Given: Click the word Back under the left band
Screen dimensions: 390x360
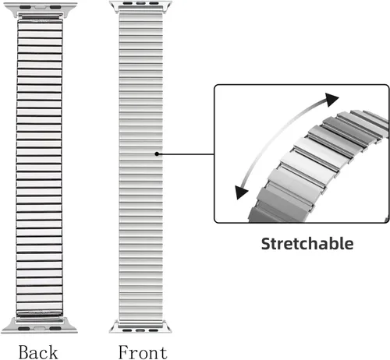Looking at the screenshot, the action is click(x=38, y=352).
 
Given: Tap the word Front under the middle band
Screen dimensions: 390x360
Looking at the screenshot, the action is click(x=143, y=352).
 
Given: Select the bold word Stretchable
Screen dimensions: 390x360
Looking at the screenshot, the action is click(x=307, y=244).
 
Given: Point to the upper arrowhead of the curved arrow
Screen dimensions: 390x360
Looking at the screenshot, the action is click(x=331, y=100).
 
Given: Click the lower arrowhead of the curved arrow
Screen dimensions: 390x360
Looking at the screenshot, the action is click(x=241, y=192).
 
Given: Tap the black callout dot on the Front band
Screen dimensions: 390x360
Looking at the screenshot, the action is click(x=157, y=154).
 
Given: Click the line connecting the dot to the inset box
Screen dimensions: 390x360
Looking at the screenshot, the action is click(x=186, y=154).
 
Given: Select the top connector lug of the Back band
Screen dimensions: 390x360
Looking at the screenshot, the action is click(x=40, y=10).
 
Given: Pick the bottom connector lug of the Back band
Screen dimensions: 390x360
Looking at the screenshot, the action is click(x=40, y=325).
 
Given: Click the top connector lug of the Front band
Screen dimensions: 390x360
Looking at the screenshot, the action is click(x=140, y=6).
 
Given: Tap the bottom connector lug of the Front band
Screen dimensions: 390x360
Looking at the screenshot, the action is click(x=140, y=326).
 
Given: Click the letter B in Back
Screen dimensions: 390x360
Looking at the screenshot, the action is click(x=24, y=352).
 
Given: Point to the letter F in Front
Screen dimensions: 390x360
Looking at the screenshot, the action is click(x=124, y=352).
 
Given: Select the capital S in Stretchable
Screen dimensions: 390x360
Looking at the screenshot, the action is click(x=266, y=244).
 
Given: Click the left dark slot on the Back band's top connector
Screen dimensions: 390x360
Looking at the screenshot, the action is click(x=25, y=7).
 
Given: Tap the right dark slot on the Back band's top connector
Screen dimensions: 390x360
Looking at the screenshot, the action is click(x=55, y=7).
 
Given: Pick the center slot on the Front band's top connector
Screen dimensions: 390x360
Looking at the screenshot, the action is click(x=140, y=3).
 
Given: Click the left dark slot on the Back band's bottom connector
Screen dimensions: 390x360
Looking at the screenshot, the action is click(x=24, y=329).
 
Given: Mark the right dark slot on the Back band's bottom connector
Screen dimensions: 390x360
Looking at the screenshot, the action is click(x=55, y=329).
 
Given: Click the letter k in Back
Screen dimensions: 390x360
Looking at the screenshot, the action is click(x=53, y=352).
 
